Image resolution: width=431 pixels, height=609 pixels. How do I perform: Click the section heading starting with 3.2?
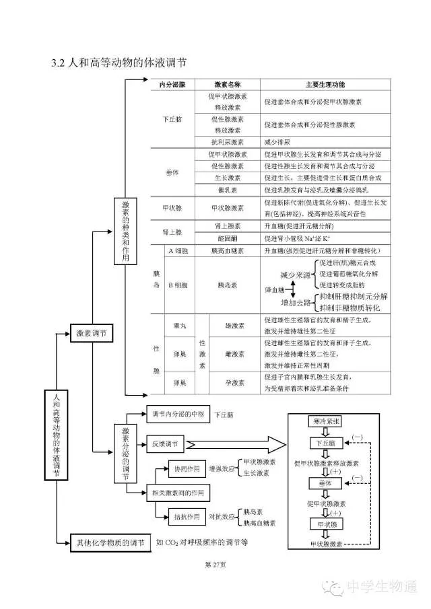[x=119, y=63]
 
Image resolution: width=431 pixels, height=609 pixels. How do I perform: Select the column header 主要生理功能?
[x=325, y=84]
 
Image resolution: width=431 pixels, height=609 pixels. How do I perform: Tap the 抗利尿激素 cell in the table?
[x=228, y=142]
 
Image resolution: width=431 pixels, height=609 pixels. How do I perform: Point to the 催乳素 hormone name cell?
[x=228, y=190]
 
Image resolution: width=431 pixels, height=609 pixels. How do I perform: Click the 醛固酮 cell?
[x=228, y=238]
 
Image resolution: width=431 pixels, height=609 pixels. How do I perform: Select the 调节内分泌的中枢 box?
[x=174, y=415]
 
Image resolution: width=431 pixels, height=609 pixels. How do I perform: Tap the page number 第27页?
[x=215, y=564]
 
